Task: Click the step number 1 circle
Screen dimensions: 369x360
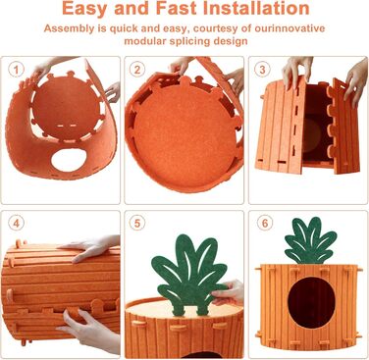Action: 17,70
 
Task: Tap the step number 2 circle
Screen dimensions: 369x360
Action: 137,70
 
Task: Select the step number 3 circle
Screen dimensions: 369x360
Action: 262,70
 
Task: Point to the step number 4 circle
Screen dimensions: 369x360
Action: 17,224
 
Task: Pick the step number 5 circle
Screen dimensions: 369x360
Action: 137,224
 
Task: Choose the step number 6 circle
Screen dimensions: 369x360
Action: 265,224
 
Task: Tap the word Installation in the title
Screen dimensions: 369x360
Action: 256,8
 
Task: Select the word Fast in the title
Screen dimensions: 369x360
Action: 177,8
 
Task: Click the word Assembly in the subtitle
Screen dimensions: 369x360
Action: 69,28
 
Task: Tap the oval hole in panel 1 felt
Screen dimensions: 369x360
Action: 69,161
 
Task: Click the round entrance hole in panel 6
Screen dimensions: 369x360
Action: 311,303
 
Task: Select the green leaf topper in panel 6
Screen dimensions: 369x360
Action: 309,241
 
